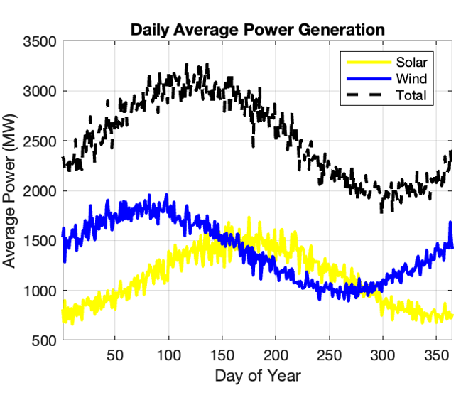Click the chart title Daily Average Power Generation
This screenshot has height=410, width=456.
coord(257,30)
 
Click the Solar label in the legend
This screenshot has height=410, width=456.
coord(412,62)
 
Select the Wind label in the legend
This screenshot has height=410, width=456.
coord(411,78)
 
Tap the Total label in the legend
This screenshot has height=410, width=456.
coord(411,95)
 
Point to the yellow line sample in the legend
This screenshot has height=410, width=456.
coord(366,62)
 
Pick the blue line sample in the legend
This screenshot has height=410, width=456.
coord(366,78)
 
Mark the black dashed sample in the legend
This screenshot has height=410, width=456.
coord(366,95)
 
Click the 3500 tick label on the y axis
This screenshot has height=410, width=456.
coord(40,41)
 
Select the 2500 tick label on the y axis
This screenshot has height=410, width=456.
coord(40,141)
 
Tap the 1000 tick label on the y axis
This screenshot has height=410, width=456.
coord(40,291)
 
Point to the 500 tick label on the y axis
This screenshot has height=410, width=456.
coord(45,341)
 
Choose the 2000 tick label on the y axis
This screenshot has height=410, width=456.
coord(40,191)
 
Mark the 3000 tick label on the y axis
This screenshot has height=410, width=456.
coord(40,92)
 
